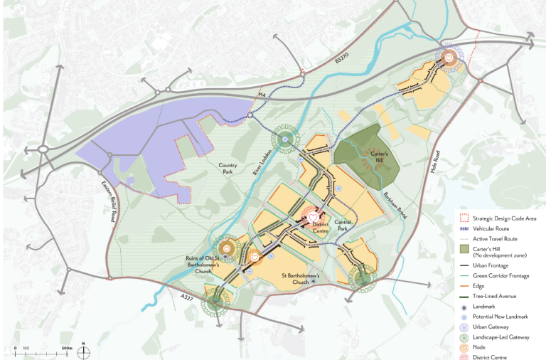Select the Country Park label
tap(230, 167)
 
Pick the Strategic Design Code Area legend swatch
tap(464, 218)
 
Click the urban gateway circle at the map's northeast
tap(449, 59)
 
